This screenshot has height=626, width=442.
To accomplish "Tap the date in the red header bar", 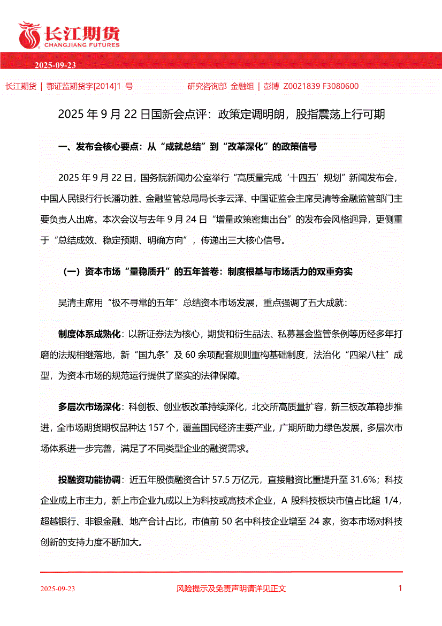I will (x=55, y=65).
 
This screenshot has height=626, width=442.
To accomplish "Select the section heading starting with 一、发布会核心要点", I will (x=187, y=146).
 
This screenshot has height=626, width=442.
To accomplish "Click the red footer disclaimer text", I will (x=231, y=589).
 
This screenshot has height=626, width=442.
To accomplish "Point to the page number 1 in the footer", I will (x=400, y=588).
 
